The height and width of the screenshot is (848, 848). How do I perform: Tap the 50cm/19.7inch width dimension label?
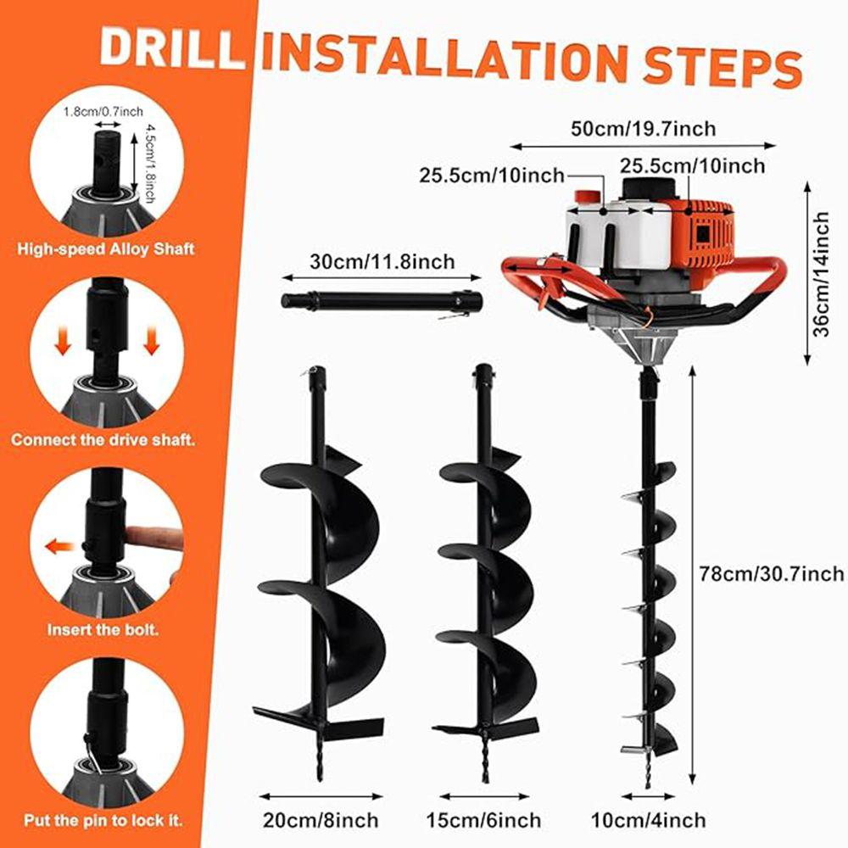644,128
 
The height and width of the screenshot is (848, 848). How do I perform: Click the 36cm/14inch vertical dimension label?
821,274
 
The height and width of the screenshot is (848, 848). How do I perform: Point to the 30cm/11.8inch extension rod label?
381,261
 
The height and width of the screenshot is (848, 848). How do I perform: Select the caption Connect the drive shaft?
103,441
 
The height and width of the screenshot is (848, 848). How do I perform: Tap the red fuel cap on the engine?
586,196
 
